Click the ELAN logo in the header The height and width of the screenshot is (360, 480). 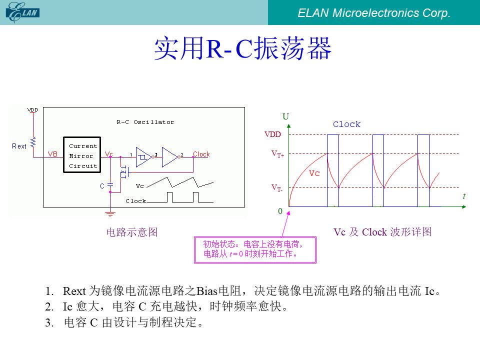pos(22,12)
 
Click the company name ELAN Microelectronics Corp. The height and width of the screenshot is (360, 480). pos(374,13)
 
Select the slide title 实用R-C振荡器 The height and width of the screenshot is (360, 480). pos(242,48)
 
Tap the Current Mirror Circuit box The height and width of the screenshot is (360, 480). pos(82,155)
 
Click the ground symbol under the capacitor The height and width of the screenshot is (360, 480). pos(110,213)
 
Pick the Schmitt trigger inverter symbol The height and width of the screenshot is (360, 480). pos(144,157)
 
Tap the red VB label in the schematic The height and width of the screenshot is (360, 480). pos(52,154)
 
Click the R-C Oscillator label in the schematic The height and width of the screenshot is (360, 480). pos(145,122)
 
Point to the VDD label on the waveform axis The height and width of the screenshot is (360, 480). pos(272,134)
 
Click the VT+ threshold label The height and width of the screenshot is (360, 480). pos(277,153)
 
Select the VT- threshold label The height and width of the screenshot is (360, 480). pos(277,187)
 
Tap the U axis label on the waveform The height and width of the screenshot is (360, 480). pos(285,116)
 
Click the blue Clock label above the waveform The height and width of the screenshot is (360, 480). pos(346,124)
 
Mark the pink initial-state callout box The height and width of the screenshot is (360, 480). pos(255,249)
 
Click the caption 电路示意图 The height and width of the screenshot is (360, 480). pos(132,232)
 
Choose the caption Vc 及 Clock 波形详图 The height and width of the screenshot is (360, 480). pos(382,232)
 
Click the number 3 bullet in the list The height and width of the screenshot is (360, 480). pos(49,322)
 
